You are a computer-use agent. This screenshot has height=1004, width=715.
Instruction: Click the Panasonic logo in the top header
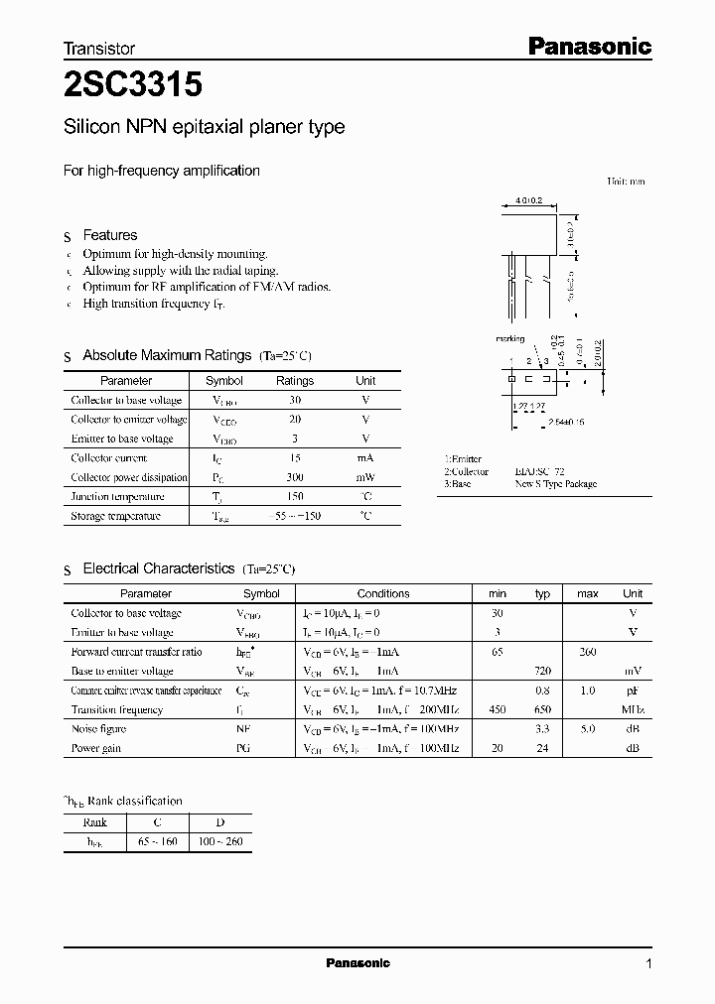pyautogui.click(x=588, y=46)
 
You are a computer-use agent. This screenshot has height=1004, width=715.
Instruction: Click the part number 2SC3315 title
pyautogui.click(x=133, y=85)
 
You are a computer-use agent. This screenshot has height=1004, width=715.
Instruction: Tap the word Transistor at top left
pyautogui.click(x=98, y=48)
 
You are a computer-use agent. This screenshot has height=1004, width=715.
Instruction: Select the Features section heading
pyautogui.click(x=109, y=235)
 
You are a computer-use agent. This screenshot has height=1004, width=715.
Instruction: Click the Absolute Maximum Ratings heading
pyautogui.click(x=167, y=355)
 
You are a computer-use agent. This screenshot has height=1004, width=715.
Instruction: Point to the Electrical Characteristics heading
pyautogui.click(x=158, y=568)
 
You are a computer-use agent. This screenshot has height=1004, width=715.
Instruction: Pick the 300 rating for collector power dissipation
pyautogui.click(x=294, y=477)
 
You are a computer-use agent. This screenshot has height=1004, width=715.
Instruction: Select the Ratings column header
pyautogui.click(x=294, y=381)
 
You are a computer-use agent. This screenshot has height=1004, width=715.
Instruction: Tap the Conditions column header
pyautogui.click(x=382, y=594)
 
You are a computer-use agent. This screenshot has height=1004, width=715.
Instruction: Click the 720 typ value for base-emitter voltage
pyautogui.click(x=542, y=672)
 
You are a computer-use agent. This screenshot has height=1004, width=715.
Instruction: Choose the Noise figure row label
pyautogui.click(x=98, y=729)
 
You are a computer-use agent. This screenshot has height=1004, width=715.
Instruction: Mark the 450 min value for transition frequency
pyautogui.click(x=497, y=710)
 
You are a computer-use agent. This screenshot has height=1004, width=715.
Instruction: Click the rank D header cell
pyautogui.click(x=220, y=822)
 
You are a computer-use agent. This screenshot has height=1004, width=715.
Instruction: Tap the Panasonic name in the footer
pyautogui.click(x=358, y=963)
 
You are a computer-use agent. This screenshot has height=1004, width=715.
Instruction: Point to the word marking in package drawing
pyautogui.click(x=509, y=339)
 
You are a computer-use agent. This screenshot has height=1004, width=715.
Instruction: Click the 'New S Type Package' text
pyautogui.click(x=555, y=484)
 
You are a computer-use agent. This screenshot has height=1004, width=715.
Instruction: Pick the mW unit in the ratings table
pyautogui.click(x=365, y=477)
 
